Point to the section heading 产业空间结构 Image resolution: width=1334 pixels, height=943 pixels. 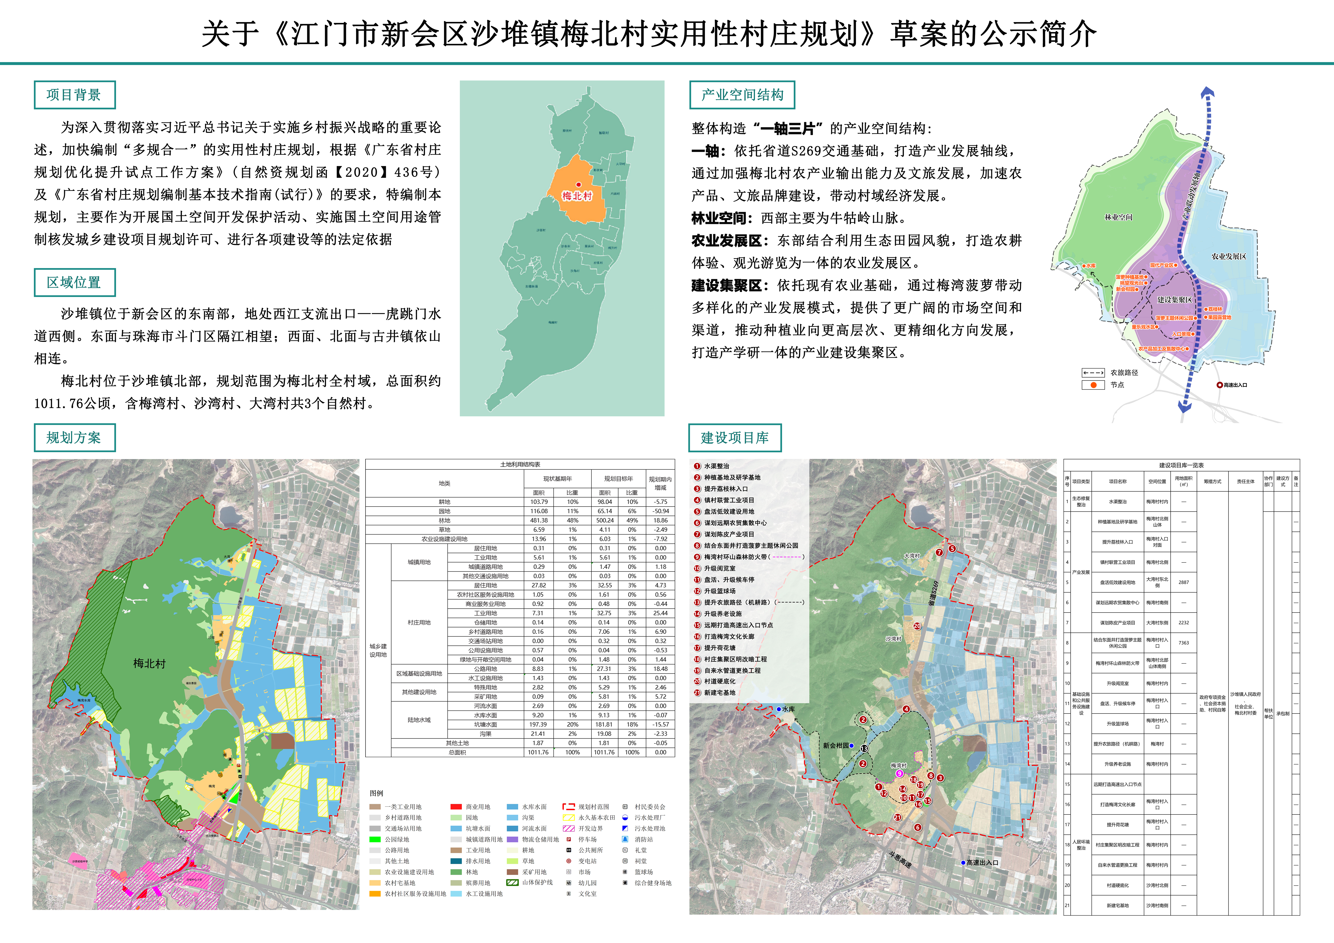tap(742, 95)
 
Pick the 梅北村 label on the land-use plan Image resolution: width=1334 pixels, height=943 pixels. tap(149, 663)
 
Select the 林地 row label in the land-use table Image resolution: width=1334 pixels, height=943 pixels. tap(445, 521)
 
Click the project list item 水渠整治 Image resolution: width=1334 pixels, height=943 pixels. tap(716, 466)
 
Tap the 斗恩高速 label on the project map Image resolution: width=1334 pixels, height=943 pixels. tap(900, 860)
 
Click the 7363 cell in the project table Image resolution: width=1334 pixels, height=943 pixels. tap(1183, 643)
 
